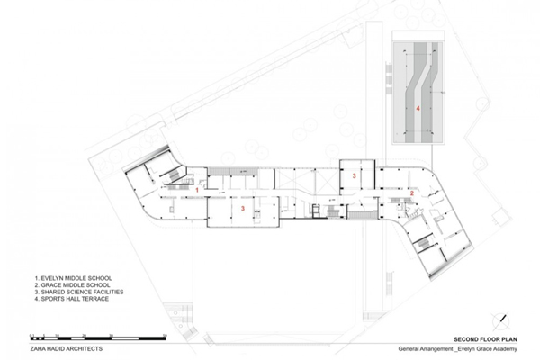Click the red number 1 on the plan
pos(197,190)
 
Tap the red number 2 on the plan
pos(412,193)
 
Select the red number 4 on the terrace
pos(418,109)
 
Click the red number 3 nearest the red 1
pos(243,209)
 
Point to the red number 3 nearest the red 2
pos(354,176)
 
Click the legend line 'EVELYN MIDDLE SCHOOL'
pos(73,278)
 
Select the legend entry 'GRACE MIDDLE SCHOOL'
pos(72,285)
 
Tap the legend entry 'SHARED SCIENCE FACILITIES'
pos(79,292)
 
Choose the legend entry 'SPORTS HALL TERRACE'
pos(72,299)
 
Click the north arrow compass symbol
pos(501,322)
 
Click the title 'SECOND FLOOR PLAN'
pos(485,339)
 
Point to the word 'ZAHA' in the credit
pos(37,348)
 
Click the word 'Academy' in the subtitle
pos(506,349)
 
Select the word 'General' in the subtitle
pos(409,349)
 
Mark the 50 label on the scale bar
pos(165,335)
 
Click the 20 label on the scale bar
pos(85,335)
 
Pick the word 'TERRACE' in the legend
pos(95,299)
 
